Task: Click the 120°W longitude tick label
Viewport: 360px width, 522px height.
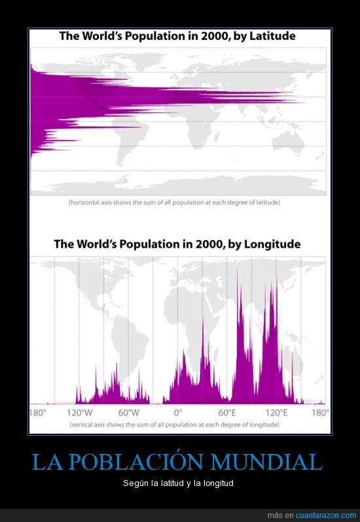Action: click(80, 413)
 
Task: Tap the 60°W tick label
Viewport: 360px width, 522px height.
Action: click(129, 413)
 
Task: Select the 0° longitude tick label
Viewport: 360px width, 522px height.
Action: click(179, 413)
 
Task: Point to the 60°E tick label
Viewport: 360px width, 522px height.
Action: click(228, 413)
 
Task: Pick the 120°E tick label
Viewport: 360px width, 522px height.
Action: click(276, 413)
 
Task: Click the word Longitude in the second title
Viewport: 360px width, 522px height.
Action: click(272, 245)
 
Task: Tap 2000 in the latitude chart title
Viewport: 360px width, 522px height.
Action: click(211, 36)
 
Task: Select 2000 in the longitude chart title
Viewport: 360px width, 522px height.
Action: click(206, 245)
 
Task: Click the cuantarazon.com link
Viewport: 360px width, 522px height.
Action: click(326, 515)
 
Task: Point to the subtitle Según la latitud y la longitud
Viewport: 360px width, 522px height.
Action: click(178, 483)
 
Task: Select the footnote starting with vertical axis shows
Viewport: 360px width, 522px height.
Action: click(174, 425)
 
